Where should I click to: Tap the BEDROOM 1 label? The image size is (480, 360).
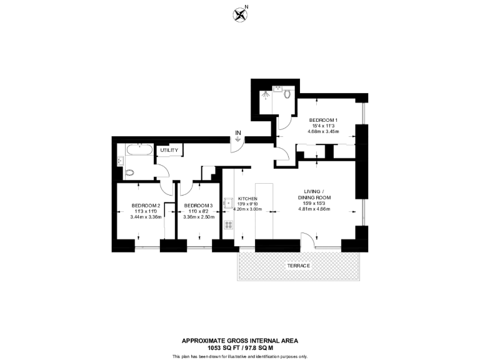coord(323,119)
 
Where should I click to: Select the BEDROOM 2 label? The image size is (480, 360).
coord(146,206)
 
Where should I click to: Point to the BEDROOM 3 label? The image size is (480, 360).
coord(198,206)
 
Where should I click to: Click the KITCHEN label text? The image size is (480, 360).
coord(248,198)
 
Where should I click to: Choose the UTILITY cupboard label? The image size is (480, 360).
coord(169,150)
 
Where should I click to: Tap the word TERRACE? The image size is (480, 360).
coord(299,266)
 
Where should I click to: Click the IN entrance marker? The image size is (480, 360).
coord(237,132)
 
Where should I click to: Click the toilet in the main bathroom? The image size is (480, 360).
coord(129,172)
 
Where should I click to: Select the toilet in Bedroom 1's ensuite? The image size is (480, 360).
coord(287,94)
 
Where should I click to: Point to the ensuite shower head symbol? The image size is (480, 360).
coord(268,94)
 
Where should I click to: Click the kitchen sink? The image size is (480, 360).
coord(228,202)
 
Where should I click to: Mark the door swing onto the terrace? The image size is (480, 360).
coord(308,240)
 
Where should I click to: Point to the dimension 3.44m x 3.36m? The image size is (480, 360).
coord(146,217)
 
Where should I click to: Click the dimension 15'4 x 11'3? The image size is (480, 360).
coord(322,126)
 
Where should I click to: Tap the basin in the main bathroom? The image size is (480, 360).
coord(119,162)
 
